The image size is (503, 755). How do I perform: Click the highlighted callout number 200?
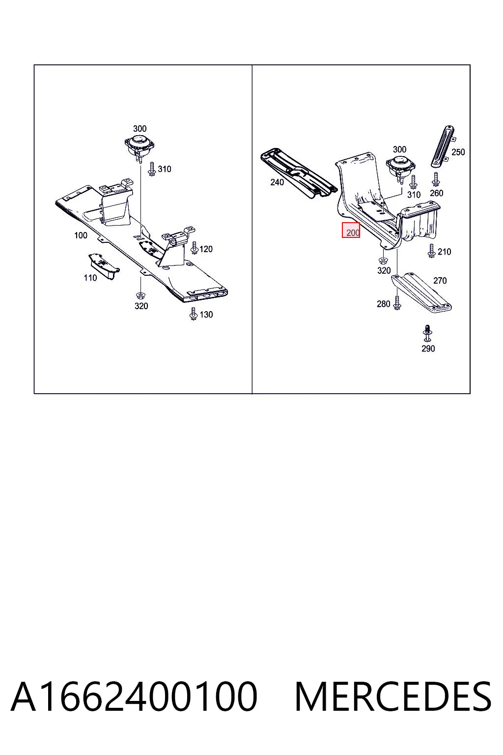coord(353,232)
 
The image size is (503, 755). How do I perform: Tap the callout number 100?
coord(81,235)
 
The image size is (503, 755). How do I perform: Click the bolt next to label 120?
coord(194,248)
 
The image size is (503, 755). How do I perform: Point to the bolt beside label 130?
coord(194,314)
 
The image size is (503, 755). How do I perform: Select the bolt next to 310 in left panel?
coord(152,169)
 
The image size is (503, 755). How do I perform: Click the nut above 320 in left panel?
coord(140,295)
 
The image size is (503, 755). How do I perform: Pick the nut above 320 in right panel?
coord(383,261)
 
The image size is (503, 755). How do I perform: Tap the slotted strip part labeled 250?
coord(443,146)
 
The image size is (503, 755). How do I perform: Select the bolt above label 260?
coord(436,179)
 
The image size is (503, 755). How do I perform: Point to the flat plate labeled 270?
coord(421,292)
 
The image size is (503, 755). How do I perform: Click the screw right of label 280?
coord(397,303)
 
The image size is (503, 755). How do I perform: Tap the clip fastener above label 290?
coord(427,334)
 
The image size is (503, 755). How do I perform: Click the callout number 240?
coord(277,182)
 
